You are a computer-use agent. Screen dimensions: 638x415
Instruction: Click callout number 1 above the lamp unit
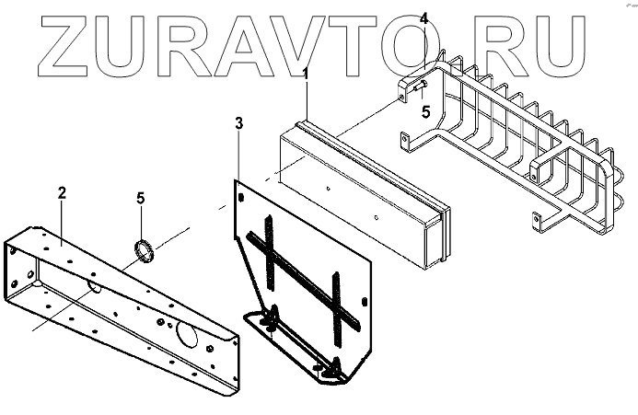(x=306, y=73)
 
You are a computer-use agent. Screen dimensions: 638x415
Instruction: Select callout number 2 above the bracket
(x=62, y=193)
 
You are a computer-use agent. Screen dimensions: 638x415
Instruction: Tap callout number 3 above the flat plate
(x=238, y=123)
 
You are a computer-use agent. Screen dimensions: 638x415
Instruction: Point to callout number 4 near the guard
(x=423, y=18)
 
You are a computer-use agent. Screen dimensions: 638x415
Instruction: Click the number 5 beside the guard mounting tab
(x=425, y=112)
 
